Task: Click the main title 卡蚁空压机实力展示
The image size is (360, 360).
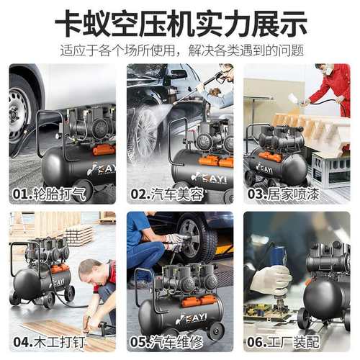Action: (180, 24)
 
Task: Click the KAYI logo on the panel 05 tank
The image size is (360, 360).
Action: (189, 318)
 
